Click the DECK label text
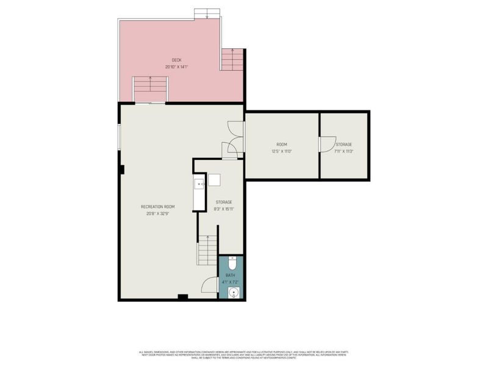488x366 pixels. [x=176, y=60]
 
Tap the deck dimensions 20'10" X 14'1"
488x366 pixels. [x=176, y=66]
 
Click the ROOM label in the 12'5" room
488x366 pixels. [x=282, y=145]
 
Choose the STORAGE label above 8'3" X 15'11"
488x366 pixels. [x=224, y=202]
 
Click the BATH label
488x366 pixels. [x=231, y=276]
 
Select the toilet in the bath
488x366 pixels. [x=232, y=263]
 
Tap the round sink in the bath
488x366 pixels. [x=232, y=293]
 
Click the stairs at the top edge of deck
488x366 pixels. [x=207, y=13]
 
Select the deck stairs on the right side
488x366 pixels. [x=232, y=60]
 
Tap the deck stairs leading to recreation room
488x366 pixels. [x=150, y=88]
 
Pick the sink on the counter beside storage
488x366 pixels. [x=199, y=182]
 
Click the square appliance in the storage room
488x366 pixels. [x=213, y=180]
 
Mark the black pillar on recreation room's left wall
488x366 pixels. [x=122, y=169]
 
